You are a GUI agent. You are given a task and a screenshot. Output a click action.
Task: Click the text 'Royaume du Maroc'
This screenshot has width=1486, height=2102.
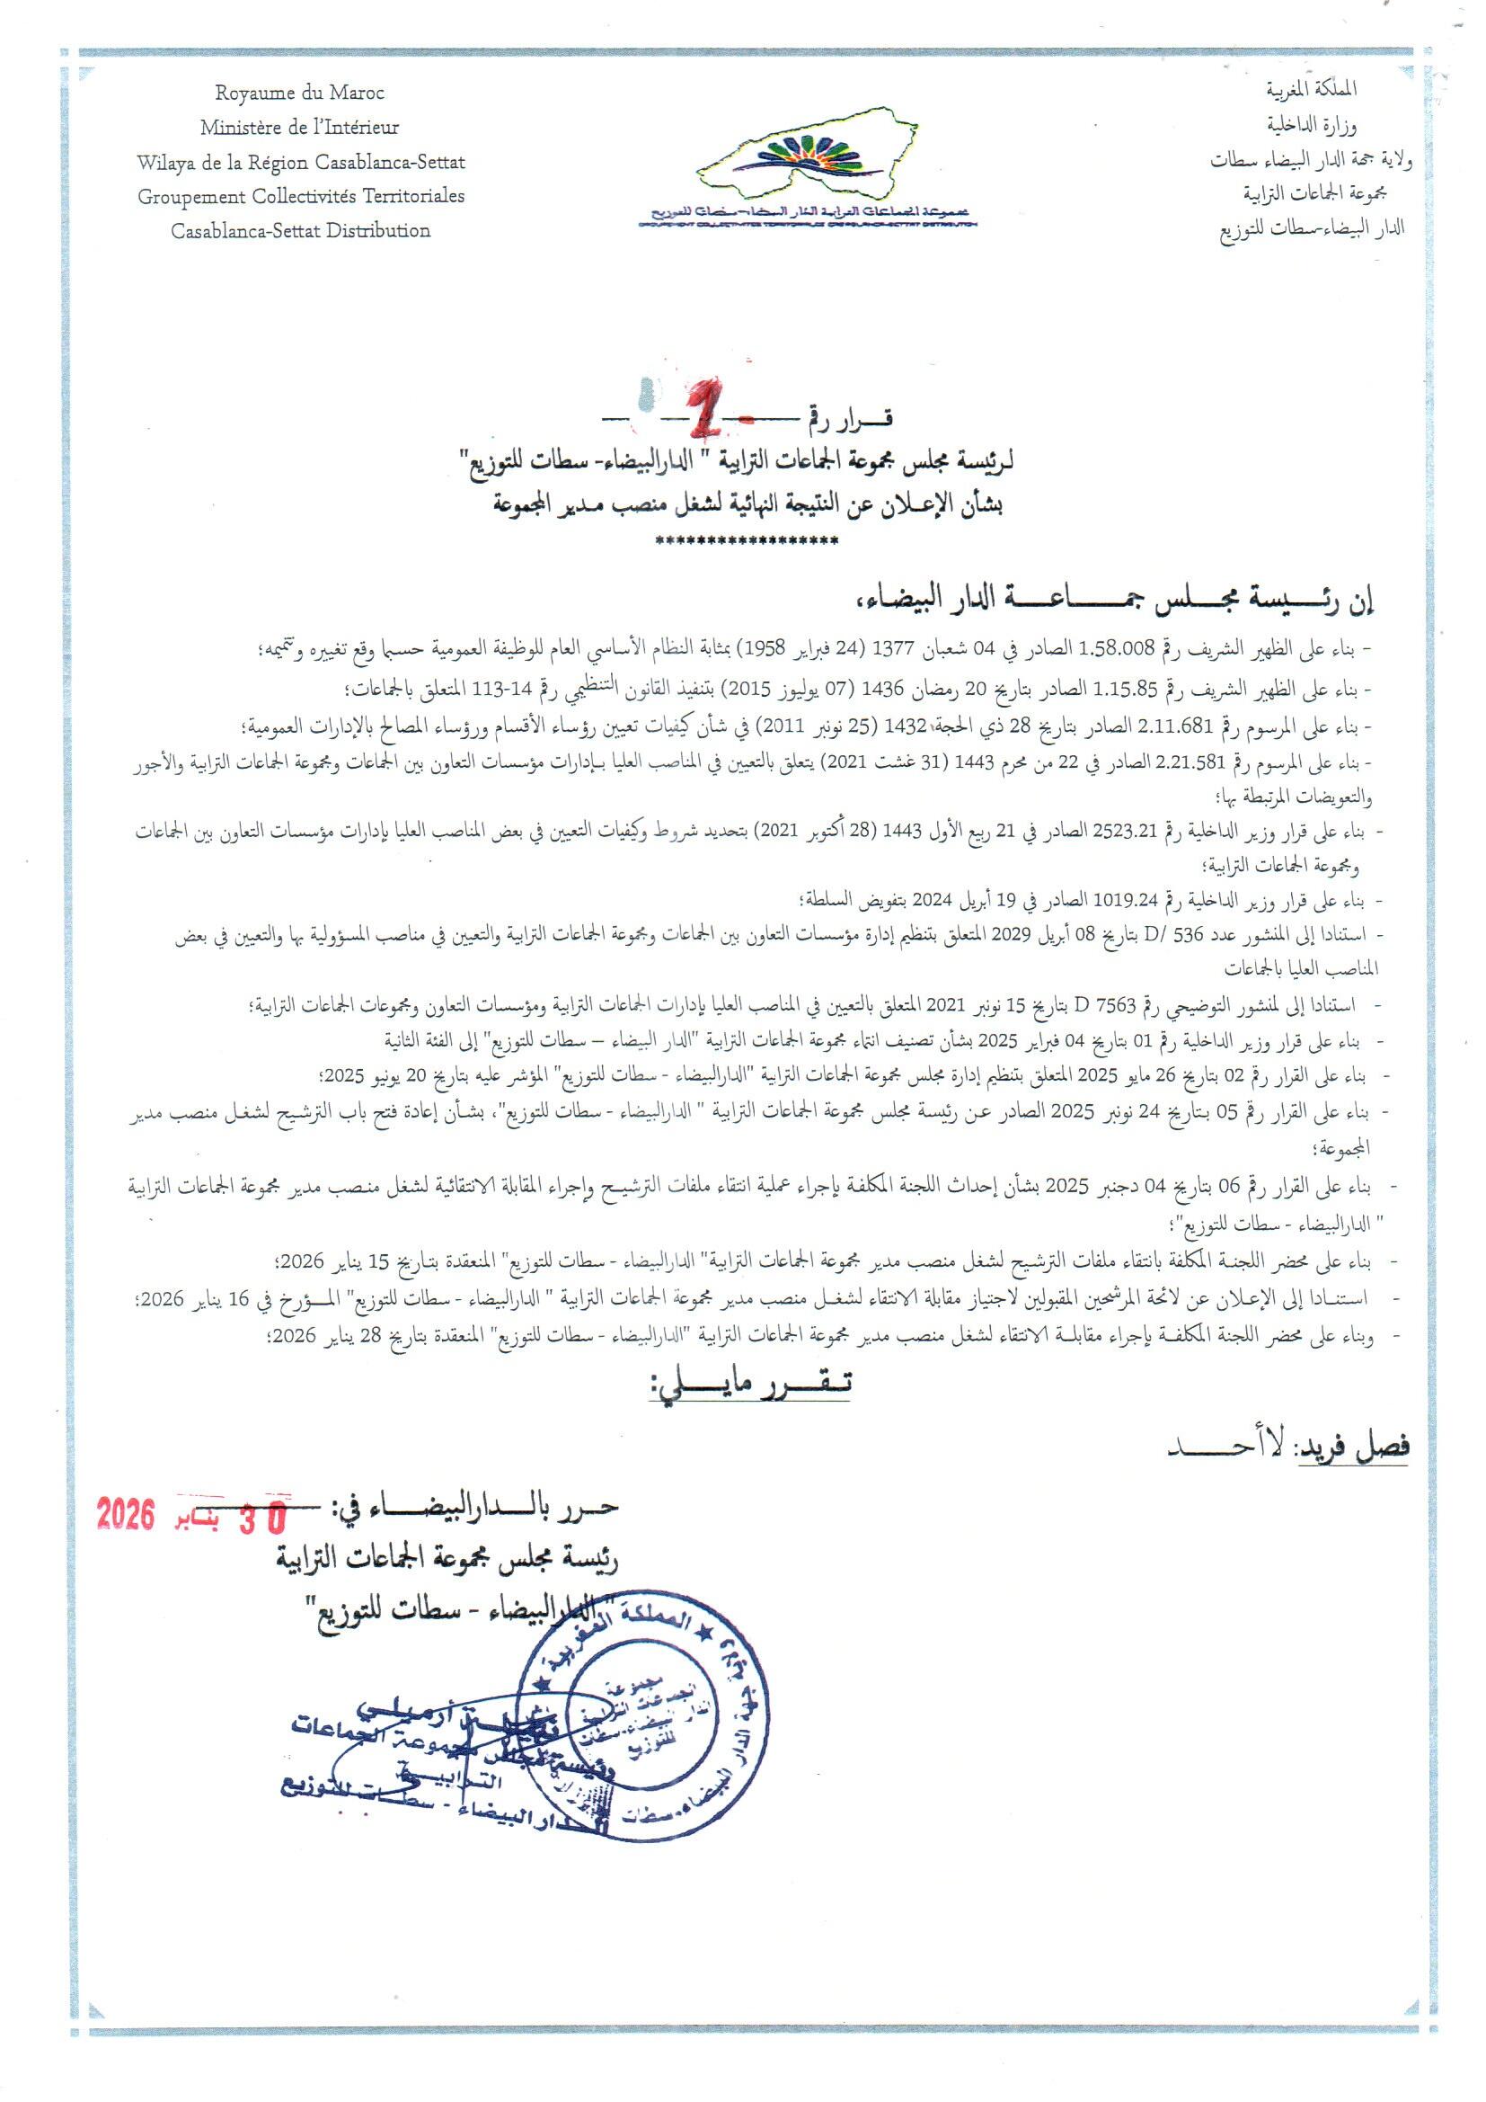pyautogui.click(x=299, y=94)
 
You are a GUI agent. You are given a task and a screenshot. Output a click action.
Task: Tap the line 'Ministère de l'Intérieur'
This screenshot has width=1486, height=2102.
pyautogui.click(x=299, y=128)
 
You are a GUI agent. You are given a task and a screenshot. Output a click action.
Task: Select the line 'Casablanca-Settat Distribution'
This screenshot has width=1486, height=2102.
pyautogui.click(x=300, y=231)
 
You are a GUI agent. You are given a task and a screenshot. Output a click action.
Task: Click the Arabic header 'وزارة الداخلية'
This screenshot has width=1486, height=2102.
pyautogui.click(x=1311, y=124)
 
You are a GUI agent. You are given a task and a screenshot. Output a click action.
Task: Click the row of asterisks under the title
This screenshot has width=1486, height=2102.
pyautogui.click(x=747, y=541)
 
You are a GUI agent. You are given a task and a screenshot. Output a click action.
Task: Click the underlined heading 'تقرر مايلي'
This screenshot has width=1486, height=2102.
pyautogui.click(x=750, y=1384)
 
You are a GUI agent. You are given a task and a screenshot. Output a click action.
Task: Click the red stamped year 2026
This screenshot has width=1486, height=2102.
pyautogui.click(x=126, y=1515)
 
